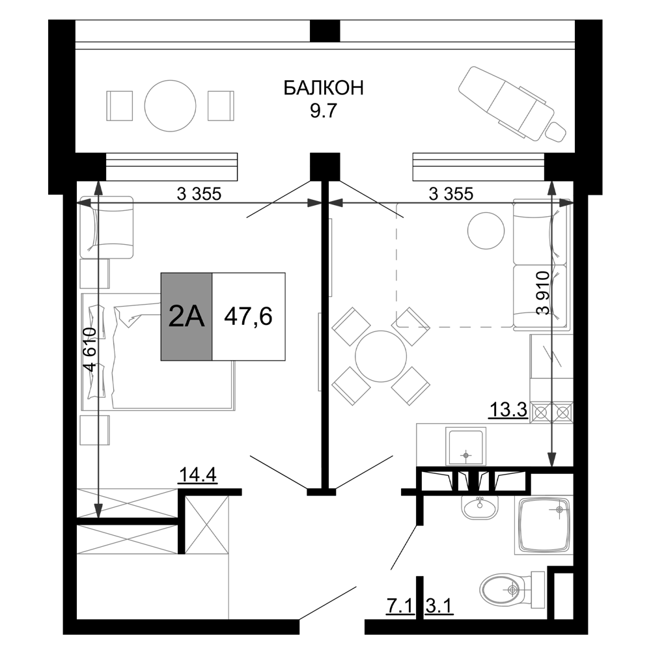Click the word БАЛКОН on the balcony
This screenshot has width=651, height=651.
pyautogui.click(x=324, y=89)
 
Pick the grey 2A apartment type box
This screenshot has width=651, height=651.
pyautogui.click(x=187, y=316)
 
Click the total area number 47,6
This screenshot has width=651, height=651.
pyautogui.click(x=248, y=316)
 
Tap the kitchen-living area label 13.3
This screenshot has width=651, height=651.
pyautogui.click(x=508, y=411)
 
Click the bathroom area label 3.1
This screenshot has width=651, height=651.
pyautogui.click(x=439, y=607)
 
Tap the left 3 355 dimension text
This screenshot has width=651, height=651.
pyautogui.click(x=200, y=193)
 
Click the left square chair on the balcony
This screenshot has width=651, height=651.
pyautogui.click(x=120, y=105)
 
